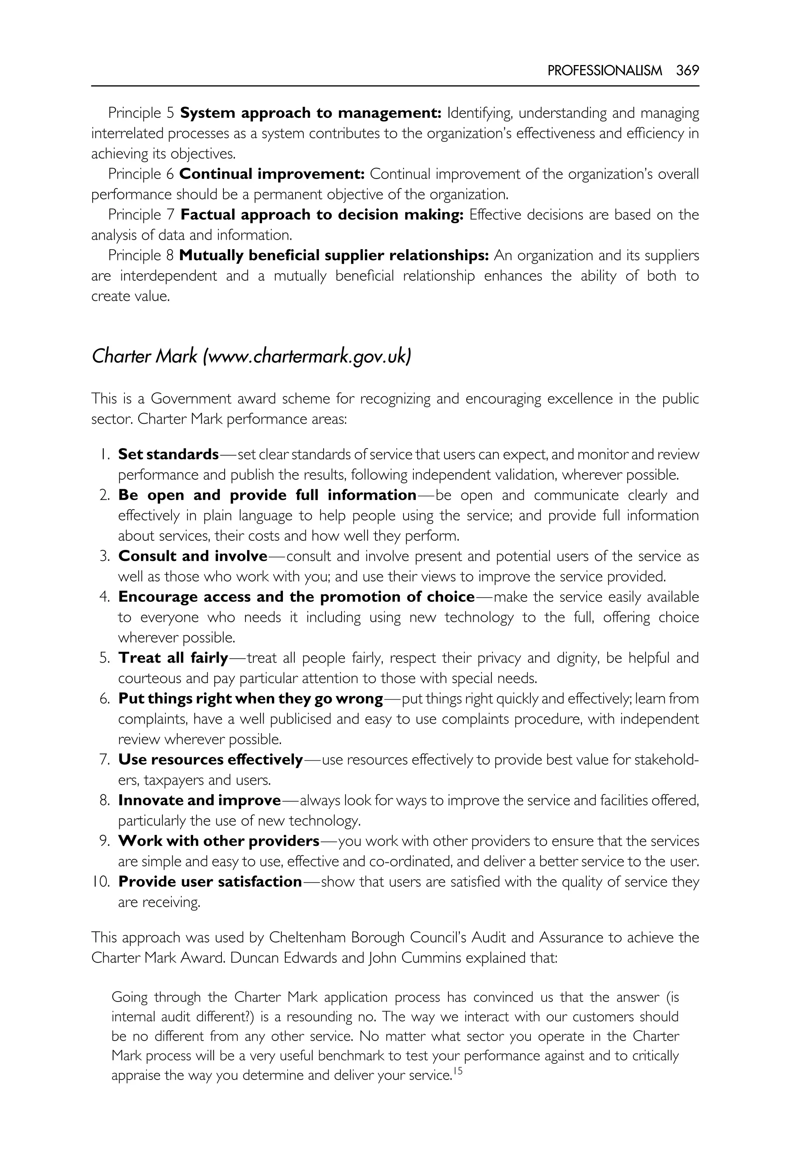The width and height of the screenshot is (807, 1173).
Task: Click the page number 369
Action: click(688, 71)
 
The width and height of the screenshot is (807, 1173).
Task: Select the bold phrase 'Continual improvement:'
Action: click(272, 174)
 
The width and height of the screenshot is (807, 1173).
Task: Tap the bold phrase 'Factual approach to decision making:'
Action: click(322, 215)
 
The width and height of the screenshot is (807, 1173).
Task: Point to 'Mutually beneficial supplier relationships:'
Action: click(334, 255)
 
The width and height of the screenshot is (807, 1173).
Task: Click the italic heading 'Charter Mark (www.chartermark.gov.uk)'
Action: click(251, 357)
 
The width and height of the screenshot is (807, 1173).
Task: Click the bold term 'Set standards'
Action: click(168, 454)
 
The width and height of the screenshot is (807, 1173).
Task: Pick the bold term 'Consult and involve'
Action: click(193, 557)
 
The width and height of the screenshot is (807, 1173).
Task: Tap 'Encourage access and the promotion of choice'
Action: click(296, 597)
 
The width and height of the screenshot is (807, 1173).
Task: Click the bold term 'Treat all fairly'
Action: click(173, 658)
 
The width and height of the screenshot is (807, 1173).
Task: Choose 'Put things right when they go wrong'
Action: click(250, 698)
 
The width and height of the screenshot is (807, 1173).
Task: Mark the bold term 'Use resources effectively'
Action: click(210, 760)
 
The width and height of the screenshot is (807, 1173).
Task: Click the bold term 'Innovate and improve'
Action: click(199, 800)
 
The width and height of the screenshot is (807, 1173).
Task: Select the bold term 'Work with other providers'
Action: click(218, 841)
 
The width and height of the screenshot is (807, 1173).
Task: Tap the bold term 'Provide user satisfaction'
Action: click(210, 882)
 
